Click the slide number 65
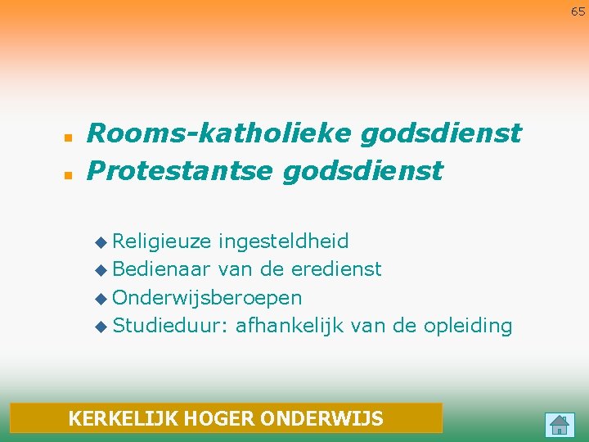[x=578, y=11]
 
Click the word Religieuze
[x=163, y=241]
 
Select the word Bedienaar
[x=163, y=269]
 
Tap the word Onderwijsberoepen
[x=207, y=297]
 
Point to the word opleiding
[x=468, y=325]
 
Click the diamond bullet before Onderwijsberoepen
[x=101, y=298]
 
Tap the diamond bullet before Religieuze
[x=101, y=242]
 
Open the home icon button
[x=560, y=424]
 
